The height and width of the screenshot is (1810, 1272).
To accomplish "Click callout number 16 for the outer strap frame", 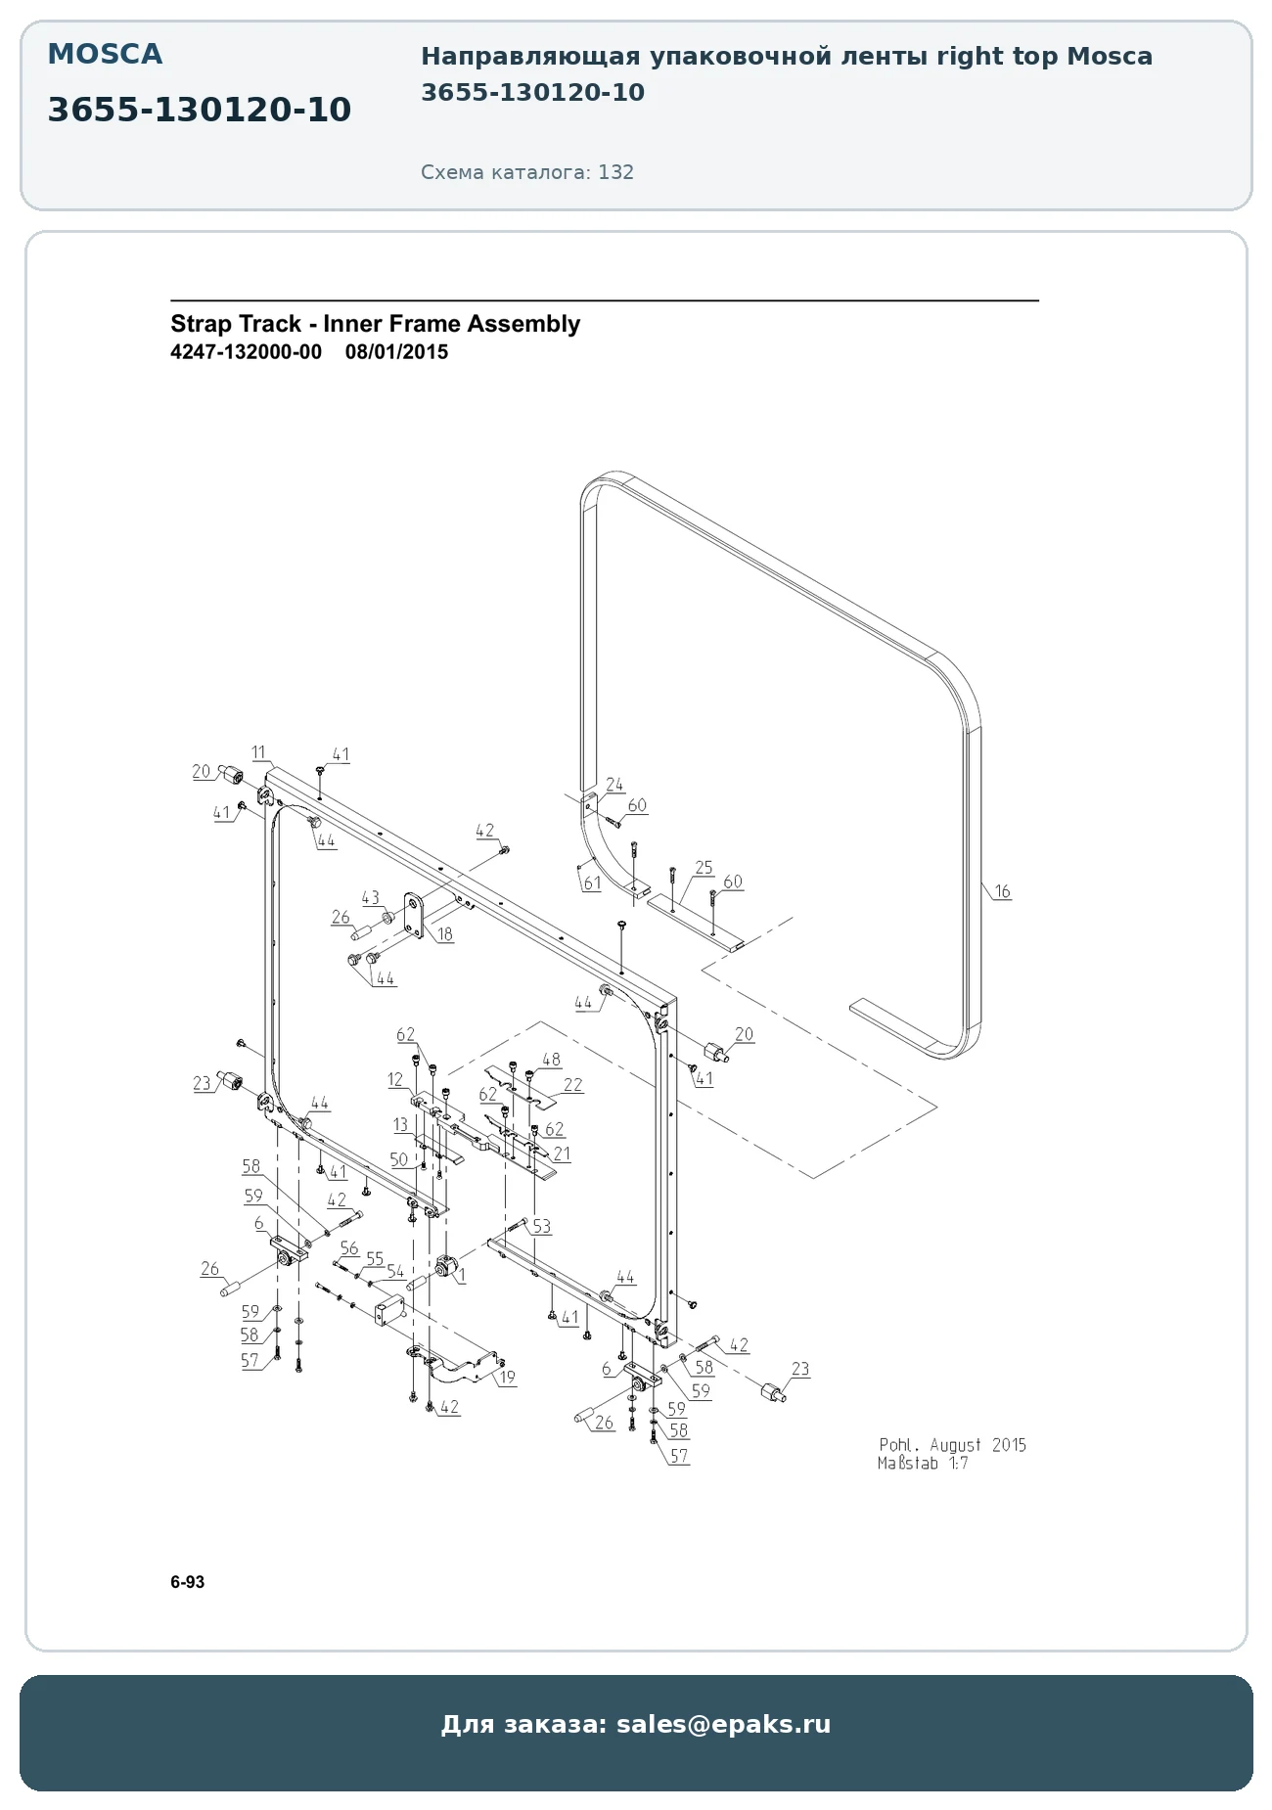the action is click(1002, 891).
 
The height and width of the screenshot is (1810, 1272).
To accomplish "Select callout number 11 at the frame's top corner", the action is click(258, 752).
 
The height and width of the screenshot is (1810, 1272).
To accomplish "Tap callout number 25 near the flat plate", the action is click(704, 868).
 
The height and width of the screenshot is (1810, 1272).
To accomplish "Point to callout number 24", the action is click(614, 785).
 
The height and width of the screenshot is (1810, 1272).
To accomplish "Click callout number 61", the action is click(592, 883).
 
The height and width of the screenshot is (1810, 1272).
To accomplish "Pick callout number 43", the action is click(370, 897).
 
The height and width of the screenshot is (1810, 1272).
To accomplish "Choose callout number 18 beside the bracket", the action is click(445, 934).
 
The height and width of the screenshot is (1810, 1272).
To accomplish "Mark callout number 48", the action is click(551, 1060).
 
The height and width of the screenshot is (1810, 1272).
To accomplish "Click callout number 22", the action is click(572, 1085).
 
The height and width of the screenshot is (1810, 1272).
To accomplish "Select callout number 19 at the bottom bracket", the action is click(507, 1378).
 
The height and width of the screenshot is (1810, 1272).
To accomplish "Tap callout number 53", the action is click(541, 1227).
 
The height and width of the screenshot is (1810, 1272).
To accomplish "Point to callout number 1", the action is click(462, 1275).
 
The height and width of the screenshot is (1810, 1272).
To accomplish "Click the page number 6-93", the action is click(188, 1582).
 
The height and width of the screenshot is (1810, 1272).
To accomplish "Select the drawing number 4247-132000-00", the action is click(246, 352).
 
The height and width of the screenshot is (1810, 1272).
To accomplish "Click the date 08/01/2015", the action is click(396, 352).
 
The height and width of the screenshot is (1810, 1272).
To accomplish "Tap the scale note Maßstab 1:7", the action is click(923, 1464).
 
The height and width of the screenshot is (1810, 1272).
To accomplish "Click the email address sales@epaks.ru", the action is click(723, 1724).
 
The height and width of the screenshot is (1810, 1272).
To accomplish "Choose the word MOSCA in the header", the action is click(105, 54).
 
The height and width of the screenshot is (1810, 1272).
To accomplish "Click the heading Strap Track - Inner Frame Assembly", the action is click(375, 324).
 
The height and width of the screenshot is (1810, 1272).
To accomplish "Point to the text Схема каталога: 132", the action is click(527, 172).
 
